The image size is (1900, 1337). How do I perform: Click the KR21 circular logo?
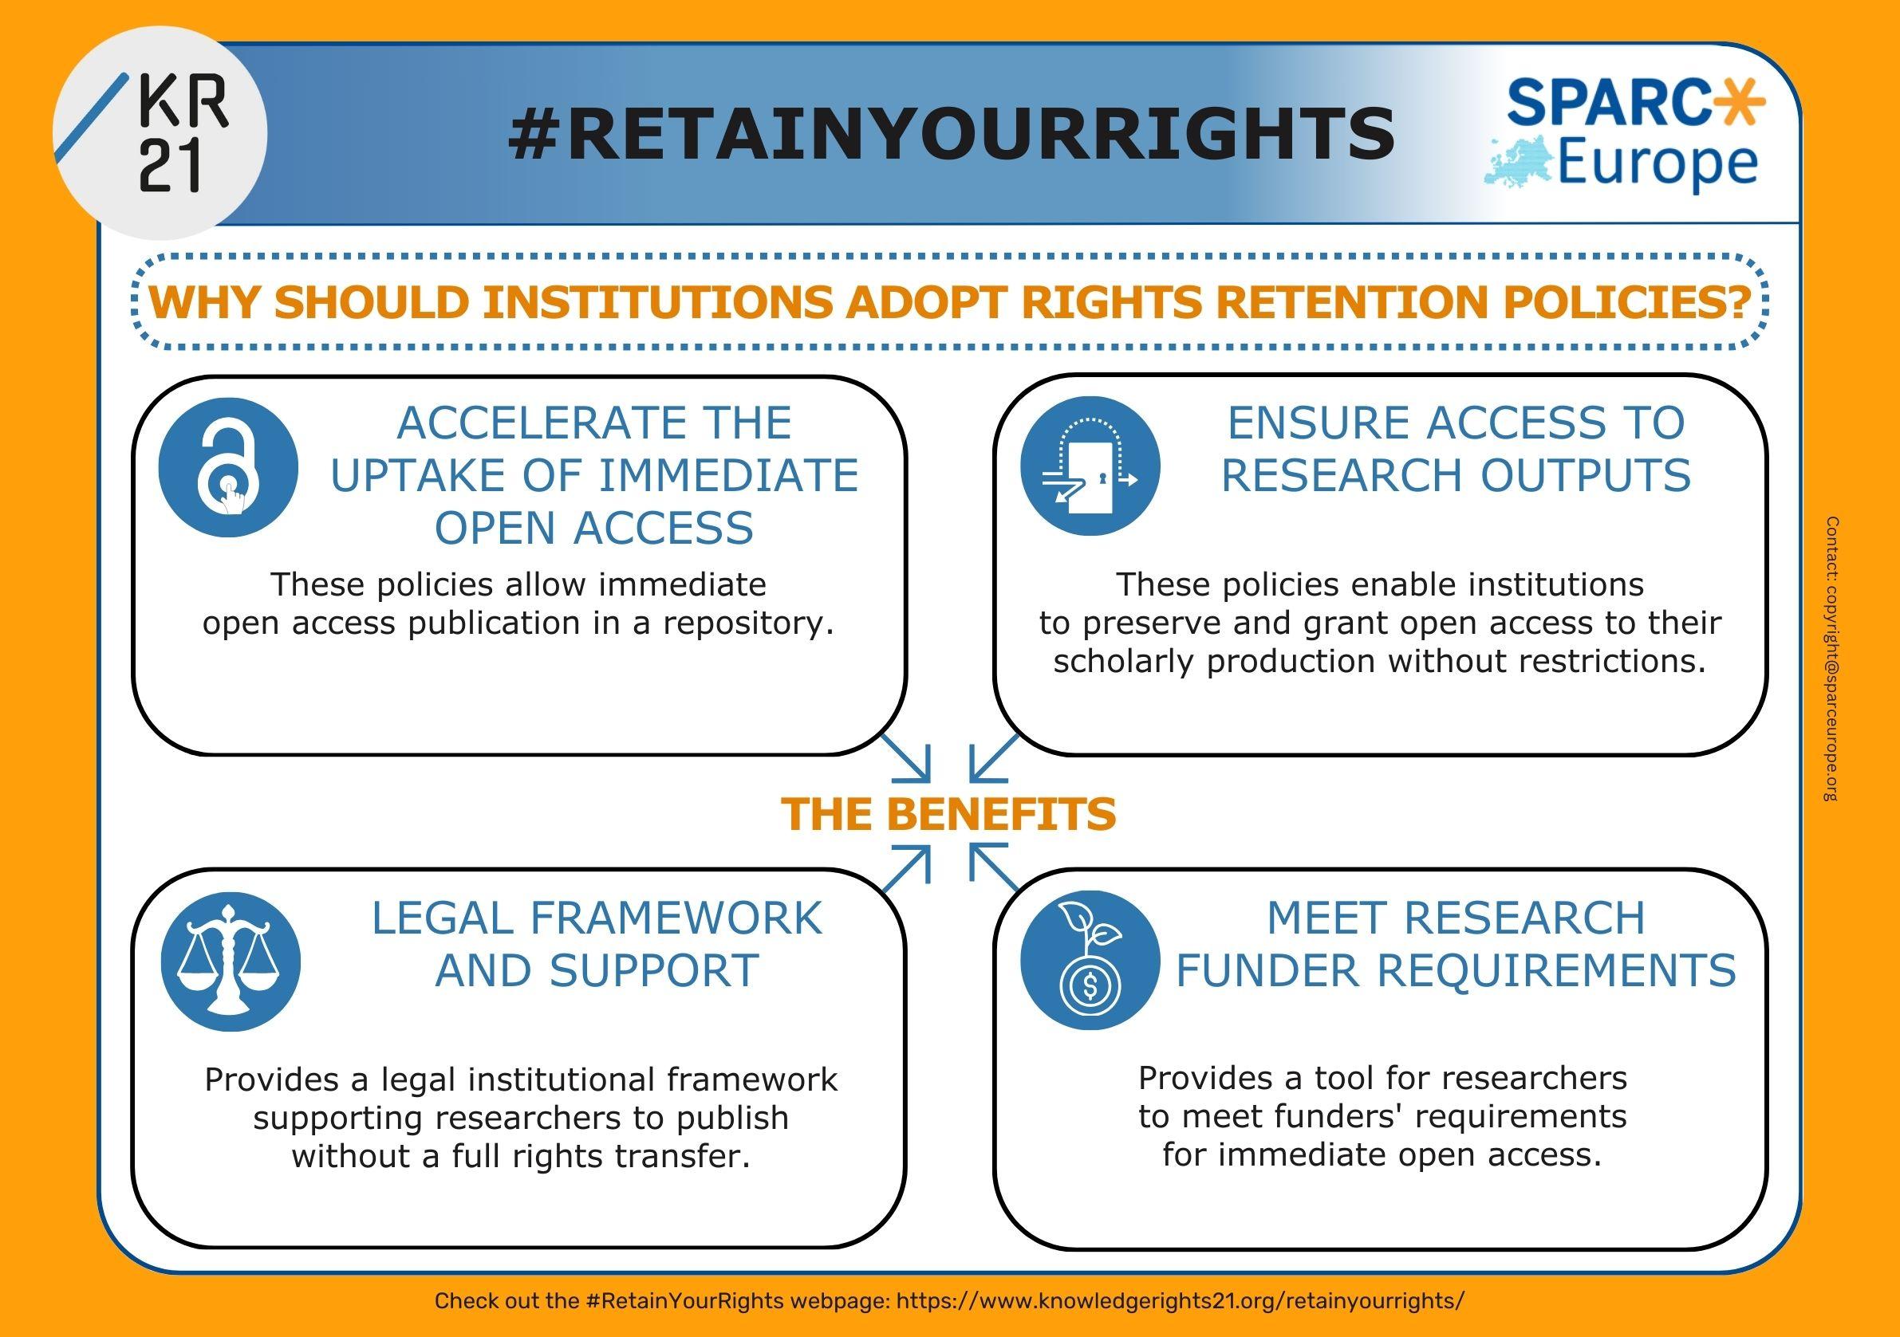point(160,132)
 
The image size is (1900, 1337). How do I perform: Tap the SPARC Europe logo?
point(1622,134)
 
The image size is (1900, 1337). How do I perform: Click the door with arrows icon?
point(1090,466)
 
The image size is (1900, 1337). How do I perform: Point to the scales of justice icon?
point(230,961)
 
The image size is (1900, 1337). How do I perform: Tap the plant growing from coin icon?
point(1090,960)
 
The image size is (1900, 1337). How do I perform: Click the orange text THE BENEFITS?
point(949,813)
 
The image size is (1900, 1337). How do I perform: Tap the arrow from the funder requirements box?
point(994,867)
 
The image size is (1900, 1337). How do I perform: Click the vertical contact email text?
point(1832,659)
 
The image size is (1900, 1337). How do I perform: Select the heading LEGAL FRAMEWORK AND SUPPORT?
point(597,944)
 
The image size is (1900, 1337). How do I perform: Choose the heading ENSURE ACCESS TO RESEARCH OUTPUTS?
point(1457,449)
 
